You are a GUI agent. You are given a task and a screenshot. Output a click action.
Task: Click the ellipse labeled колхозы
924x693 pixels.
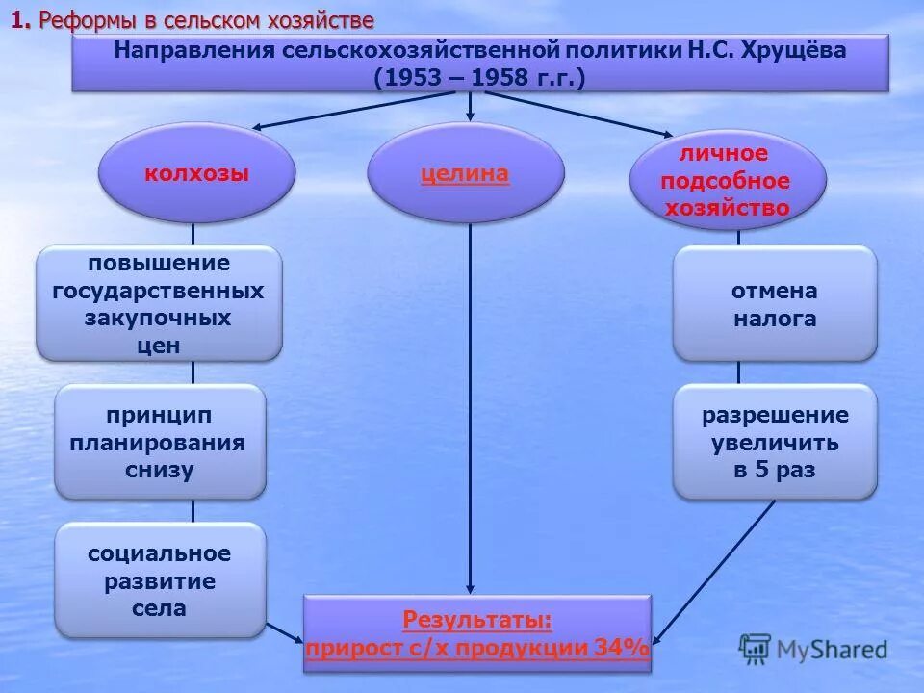pos(196,173)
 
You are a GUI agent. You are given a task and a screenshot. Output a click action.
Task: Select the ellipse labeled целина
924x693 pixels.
pos(466,173)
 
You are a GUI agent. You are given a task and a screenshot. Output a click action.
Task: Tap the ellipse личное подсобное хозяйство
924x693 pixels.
pos(728,181)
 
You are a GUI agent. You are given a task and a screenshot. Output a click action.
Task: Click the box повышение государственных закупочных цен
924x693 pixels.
pos(160,303)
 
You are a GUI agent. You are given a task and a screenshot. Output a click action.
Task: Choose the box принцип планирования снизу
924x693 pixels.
pos(160,442)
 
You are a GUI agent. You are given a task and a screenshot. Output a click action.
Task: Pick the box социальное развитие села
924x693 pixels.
pos(160,579)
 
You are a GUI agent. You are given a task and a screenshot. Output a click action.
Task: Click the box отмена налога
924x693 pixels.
pos(775,304)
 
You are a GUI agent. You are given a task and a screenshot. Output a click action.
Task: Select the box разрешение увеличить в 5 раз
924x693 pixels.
pos(775,442)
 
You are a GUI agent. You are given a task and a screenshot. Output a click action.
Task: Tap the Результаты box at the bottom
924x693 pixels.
pos(477,633)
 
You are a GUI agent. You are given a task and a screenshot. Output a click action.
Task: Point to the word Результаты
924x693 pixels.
pos(477,619)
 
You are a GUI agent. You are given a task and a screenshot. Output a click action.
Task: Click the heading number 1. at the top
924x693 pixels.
pos(20,21)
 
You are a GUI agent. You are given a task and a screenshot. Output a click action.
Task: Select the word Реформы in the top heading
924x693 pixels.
pos(81,21)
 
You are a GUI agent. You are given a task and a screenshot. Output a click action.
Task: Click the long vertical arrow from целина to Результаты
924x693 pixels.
pos(470,404)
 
